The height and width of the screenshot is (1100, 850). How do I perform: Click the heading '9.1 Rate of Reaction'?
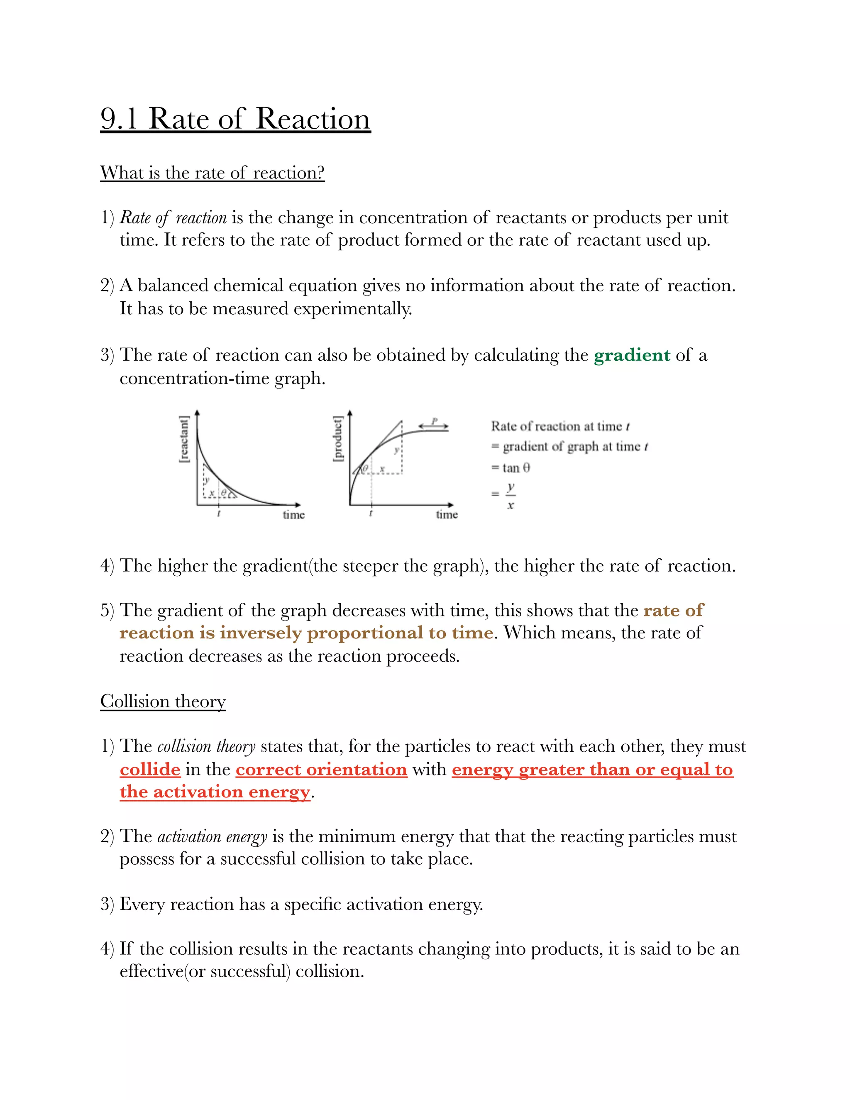(x=235, y=120)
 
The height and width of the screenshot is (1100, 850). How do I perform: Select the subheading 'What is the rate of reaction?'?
(x=212, y=173)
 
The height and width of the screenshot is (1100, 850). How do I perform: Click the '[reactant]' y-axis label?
(x=184, y=439)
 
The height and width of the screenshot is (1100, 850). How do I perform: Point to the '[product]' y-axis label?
(x=338, y=438)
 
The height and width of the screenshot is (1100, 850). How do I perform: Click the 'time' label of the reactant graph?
(x=293, y=515)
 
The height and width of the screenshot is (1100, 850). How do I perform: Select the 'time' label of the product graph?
(x=447, y=514)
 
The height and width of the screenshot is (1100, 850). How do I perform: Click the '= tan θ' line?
(x=510, y=468)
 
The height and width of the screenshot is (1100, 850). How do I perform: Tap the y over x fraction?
(x=510, y=496)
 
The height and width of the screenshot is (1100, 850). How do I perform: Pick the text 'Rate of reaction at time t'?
(x=560, y=427)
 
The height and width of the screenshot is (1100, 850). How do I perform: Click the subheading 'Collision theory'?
(x=163, y=702)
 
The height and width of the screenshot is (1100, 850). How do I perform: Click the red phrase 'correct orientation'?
(x=321, y=769)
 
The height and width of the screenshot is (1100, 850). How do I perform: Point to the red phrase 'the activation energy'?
(x=215, y=792)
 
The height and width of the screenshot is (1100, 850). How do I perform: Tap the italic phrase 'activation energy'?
(x=212, y=836)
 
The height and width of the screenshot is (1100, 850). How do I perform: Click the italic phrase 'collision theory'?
(x=206, y=746)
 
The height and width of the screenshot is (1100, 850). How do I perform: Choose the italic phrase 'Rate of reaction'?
(x=173, y=218)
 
